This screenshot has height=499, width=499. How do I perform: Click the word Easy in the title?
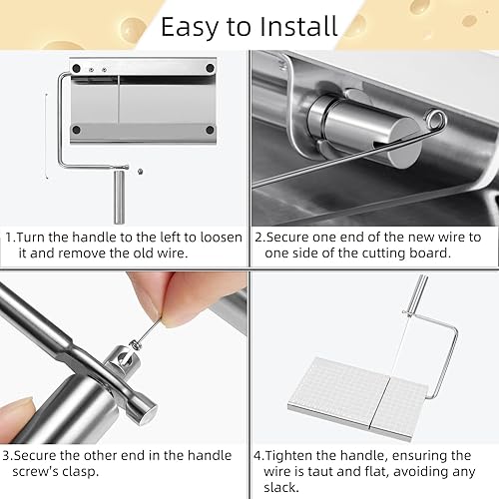(x=197, y=24)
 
